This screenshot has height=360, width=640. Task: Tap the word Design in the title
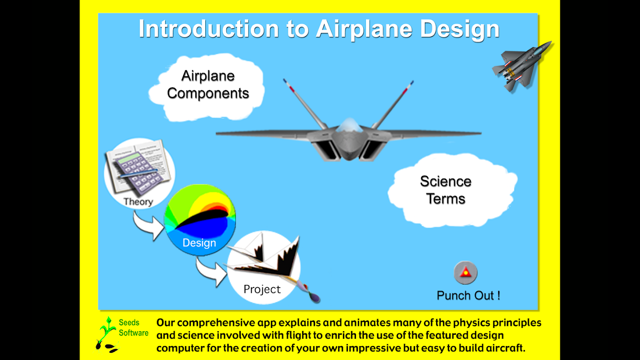point(460,29)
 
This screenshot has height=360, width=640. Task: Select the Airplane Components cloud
point(207,87)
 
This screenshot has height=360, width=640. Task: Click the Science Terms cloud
point(452,190)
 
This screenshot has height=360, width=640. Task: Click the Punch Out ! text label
point(469,296)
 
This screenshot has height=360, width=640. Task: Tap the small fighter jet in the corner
point(522,67)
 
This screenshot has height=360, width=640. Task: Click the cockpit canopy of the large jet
point(349,125)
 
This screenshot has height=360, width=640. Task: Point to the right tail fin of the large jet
point(392,104)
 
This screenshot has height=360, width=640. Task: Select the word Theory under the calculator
point(138,202)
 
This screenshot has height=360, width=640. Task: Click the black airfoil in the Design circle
point(202,219)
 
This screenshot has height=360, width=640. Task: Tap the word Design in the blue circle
point(199,243)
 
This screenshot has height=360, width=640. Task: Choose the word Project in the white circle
point(262,289)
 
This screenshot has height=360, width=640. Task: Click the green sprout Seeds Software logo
point(107,334)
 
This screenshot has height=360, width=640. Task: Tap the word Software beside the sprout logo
point(133,333)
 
